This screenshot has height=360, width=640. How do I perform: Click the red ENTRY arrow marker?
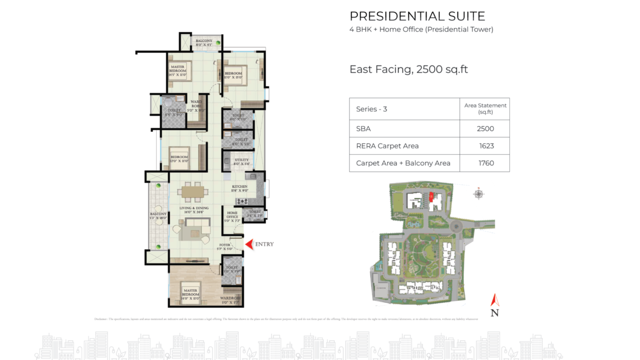tap(250, 244)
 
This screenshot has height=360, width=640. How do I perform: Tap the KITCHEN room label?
tap(240, 188)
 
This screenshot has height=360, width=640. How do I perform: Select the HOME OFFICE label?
tap(232, 216)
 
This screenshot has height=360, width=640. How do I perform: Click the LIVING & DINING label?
tap(194, 210)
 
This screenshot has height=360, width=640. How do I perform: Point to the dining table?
tap(193, 192)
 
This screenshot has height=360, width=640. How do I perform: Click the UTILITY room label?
tap(241, 162)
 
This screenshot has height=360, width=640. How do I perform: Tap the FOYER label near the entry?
tap(224, 247)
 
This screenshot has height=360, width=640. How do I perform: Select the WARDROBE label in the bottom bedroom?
tap(230, 300)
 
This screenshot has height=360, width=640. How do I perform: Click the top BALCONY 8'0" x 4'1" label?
tap(204, 43)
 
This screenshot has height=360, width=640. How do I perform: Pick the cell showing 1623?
tap(486, 146)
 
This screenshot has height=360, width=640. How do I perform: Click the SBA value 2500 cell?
tap(485, 129)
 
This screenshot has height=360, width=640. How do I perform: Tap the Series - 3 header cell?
tap(371, 109)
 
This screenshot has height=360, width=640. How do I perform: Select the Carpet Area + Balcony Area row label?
tap(403, 163)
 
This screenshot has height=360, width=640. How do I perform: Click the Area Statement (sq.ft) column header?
tap(485, 109)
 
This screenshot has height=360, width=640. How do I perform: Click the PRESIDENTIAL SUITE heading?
tap(417, 16)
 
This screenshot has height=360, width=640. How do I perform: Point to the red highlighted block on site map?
tap(431, 197)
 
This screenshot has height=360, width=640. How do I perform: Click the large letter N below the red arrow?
tap(495, 313)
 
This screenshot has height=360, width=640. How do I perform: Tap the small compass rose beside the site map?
tap(478, 194)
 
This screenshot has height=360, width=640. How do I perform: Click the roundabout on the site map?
tap(456, 227)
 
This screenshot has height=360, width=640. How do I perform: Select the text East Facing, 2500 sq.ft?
tap(408, 69)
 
